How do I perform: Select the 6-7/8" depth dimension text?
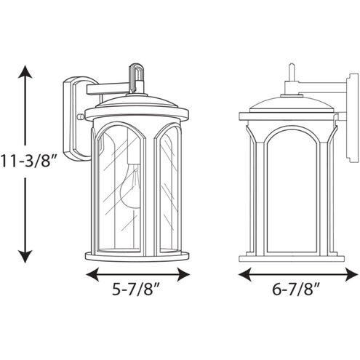(x=295, y=289)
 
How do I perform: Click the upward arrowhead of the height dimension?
(x=25, y=72)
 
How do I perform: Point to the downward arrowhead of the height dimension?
(x=25, y=257)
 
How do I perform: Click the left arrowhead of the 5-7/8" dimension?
(x=92, y=274)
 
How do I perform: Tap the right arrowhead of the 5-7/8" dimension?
(x=183, y=274)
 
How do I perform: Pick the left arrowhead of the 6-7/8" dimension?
(x=245, y=274)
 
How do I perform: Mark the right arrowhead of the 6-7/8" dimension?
(x=351, y=274)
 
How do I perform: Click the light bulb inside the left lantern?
(x=131, y=187)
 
